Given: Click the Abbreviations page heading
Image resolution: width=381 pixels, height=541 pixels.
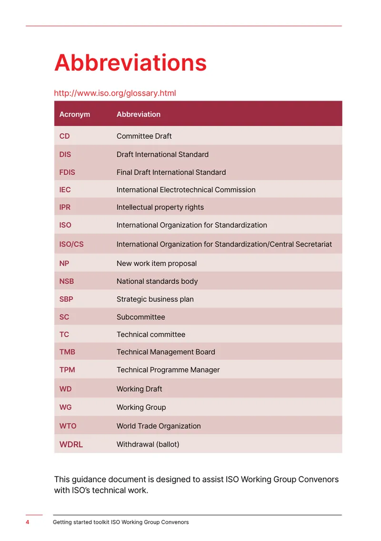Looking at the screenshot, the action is (x=130, y=63).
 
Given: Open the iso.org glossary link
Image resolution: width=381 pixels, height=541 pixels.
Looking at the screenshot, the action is (x=115, y=93).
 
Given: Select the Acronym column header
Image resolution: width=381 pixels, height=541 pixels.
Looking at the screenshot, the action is (x=75, y=114).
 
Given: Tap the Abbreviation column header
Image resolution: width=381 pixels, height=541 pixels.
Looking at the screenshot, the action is (x=139, y=114).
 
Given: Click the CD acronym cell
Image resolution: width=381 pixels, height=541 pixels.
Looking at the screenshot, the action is (x=64, y=136).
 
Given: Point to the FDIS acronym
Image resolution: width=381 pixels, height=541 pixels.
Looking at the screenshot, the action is (x=67, y=172).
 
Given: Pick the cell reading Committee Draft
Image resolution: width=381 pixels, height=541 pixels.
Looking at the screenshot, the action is (x=144, y=136).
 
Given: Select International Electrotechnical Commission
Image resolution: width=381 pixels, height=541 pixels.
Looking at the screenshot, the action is (x=186, y=190).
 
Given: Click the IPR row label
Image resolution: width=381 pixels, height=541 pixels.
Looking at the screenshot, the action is (x=65, y=207).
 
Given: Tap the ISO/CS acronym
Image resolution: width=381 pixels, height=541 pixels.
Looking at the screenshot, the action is (x=71, y=244).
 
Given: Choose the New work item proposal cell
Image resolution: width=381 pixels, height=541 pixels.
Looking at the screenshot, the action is (x=157, y=264).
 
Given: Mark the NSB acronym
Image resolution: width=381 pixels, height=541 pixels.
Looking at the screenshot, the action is (x=67, y=281).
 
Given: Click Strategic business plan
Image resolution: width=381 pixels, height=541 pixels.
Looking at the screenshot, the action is (x=155, y=299).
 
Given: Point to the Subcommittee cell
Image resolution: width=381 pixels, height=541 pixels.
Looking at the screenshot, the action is (x=141, y=317).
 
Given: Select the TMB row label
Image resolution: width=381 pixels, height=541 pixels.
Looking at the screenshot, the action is (x=67, y=352).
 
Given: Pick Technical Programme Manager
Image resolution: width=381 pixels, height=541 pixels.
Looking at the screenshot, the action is (x=168, y=370).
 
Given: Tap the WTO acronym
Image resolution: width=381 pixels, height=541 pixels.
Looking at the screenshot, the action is (x=68, y=426).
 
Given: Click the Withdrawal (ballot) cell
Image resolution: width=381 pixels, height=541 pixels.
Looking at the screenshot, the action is (x=148, y=445).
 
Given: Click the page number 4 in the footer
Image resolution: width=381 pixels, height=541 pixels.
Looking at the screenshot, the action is (x=28, y=522).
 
